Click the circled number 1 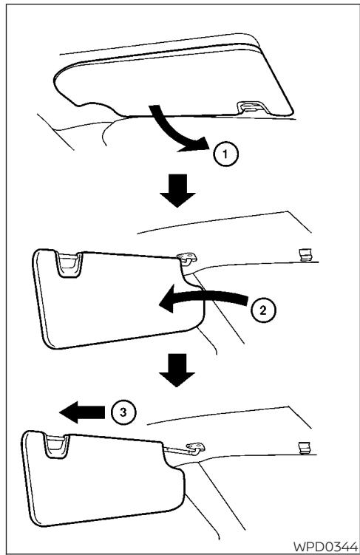tap(225, 154)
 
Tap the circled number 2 tap(262, 310)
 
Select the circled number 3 tap(123, 412)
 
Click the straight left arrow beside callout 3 tap(82, 412)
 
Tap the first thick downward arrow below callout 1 tap(177, 190)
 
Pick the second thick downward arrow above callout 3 tap(177, 370)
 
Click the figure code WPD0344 tap(325, 546)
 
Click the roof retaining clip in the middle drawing tap(304, 254)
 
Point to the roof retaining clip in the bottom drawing tap(305, 447)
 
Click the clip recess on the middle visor tap(69, 264)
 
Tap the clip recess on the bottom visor tap(56, 446)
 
